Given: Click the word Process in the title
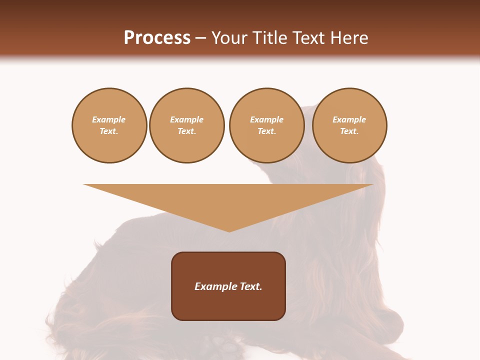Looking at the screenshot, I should click(157, 38).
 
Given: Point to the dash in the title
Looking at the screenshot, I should click(201, 38).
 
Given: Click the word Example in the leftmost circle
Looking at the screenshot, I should click(109, 119).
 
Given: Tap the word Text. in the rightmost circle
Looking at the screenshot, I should click(349, 131).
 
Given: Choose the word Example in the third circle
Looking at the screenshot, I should click(266, 119).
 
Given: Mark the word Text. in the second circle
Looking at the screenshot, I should click(187, 131).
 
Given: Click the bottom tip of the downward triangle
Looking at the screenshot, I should click(229, 230).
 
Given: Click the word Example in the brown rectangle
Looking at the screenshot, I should click(215, 286).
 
